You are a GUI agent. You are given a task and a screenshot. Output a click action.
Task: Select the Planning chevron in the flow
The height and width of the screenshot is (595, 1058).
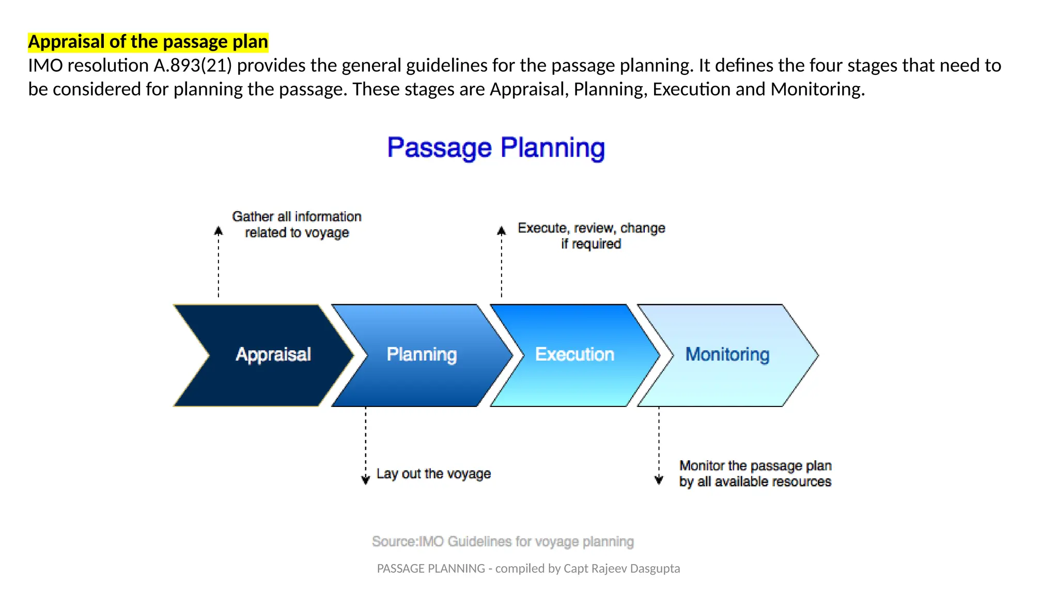coord(422,355)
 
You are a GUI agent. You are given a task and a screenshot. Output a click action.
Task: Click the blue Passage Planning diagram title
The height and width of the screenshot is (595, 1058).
coord(496,148)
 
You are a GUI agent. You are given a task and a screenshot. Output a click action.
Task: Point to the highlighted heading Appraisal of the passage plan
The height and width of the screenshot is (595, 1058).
coord(148,41)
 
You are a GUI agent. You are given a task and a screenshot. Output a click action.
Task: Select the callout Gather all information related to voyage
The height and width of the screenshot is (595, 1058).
coord(297,225)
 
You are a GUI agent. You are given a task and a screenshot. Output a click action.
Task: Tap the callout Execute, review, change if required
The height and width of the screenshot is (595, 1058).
coord(592,236)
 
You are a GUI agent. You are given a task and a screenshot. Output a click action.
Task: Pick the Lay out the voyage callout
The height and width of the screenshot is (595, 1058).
coord(433,474)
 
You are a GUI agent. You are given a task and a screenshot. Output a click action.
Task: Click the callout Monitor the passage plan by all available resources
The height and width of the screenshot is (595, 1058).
coord(755,474)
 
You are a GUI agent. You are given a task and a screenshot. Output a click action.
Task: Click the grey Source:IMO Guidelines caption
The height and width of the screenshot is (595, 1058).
coord(503,541)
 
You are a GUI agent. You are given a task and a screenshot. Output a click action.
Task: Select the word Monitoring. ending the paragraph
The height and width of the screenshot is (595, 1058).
coord(818,89)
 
